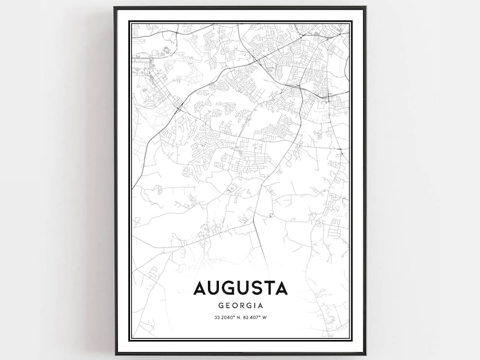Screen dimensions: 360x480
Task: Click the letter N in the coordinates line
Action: tap(237, 317)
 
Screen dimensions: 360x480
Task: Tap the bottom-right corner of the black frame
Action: tap(365, 354)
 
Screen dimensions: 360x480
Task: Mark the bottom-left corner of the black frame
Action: tap(115, 354)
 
